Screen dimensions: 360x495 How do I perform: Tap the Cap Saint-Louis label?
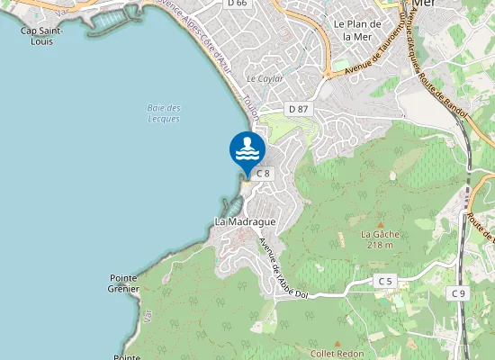tap(41, 35)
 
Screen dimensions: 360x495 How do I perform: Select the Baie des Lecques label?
tap(163, 113)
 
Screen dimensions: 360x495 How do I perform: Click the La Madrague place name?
tap(245, 220)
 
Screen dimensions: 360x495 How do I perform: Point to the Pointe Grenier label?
tap(124, 283)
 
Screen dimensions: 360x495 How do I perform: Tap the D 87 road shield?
tap(298, 109)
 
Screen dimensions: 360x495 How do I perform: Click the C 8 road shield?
tap(263, 173)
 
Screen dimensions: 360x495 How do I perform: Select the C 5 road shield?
tap(385, 282)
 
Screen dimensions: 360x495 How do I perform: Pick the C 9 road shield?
tap(459, 293)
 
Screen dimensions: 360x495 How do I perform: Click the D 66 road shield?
tap(237, 4)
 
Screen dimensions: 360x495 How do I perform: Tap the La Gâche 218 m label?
tap(379, 238)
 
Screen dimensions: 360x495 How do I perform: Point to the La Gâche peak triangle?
tap(379, 225)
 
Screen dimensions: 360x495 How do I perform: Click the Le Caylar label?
tap(265, 78)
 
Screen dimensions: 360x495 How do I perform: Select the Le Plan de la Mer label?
tap(352, 30)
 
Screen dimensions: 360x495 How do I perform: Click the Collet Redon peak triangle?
tap(337, 343)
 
